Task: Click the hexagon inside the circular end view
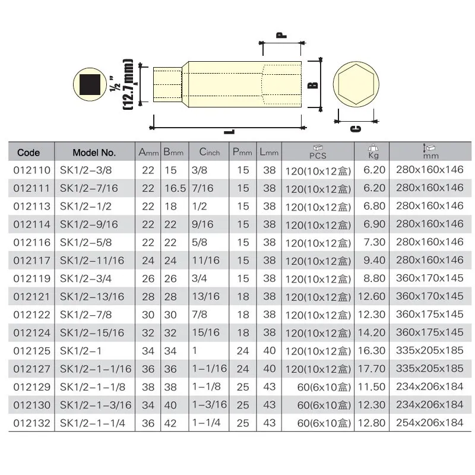click(x=354, y=85)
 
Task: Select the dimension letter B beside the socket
click(x=313, y=84)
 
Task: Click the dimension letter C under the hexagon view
click(x=354, y=129)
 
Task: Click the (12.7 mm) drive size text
click(x=127, y=84)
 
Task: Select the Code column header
click(x=28, y=153)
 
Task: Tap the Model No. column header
click(x=94, y=153)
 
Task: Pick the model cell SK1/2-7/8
click(x=85, y=314)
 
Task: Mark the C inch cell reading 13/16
click(x=205, y=296)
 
